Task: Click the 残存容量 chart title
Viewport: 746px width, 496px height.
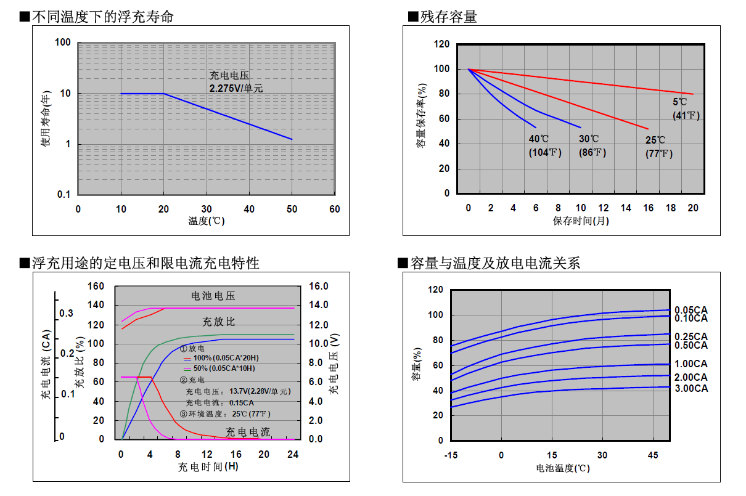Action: [x=448, y=17]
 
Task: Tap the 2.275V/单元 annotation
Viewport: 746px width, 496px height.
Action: [x=236, y=88]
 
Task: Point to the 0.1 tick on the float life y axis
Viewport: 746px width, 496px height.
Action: [x=64, y=195]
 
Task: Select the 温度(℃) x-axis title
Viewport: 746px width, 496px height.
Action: [x=207, y=221]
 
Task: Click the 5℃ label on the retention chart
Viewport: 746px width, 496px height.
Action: [x=680, y=102]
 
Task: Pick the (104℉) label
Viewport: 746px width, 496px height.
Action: [x=544, y=153]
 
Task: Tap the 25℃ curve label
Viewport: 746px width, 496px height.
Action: [x=656, y=140]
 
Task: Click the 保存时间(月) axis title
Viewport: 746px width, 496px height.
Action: [x=580, y=221]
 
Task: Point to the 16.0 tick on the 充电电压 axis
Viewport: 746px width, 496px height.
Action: [x=319, y=287]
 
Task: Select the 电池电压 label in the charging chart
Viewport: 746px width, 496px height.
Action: [x=213, y=296]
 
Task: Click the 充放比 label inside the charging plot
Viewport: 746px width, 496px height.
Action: [x=219, y=322]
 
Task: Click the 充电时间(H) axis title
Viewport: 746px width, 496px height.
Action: [x=208, y=466]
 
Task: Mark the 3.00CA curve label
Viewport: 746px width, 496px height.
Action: [x=691, y=388]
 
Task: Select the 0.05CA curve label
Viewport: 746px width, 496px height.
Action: [x=691, y=310]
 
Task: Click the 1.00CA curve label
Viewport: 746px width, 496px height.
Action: [x=691, y=364]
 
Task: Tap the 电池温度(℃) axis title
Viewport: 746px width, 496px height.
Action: [x=562, y=468]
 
